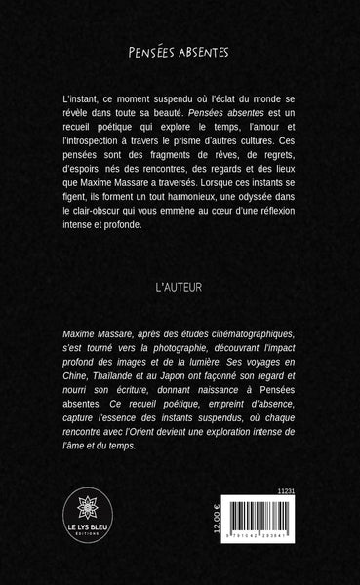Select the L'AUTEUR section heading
179,289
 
